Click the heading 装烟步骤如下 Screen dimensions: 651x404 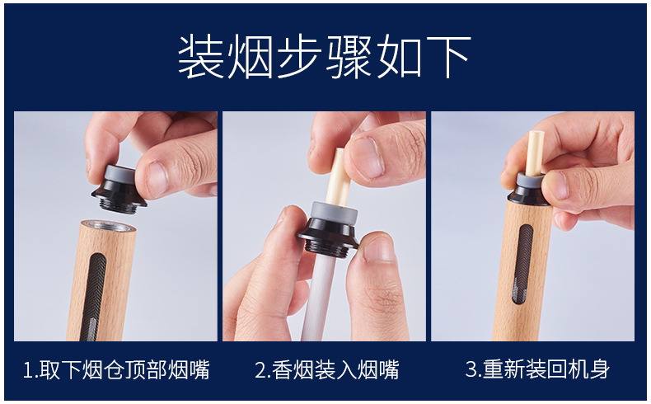tap(324, 56)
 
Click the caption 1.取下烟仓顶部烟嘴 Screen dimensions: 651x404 tap(116, 369)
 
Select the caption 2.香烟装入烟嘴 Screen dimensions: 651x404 tap(327, 369)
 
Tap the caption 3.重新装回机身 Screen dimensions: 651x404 tap(537, 369)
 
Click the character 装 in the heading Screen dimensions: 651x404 tap(201, 56)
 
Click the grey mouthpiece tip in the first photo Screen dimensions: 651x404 tap(120, 173)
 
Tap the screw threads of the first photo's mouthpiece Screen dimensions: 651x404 tap(119, 204)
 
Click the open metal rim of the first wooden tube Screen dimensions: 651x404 tap(107, 226)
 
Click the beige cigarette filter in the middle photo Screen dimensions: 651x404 tap(336, 176)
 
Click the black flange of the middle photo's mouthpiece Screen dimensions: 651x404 tap(328, 237)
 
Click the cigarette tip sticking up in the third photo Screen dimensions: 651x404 tap(535, 152)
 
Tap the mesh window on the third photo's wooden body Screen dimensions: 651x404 tap(522, 265)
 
